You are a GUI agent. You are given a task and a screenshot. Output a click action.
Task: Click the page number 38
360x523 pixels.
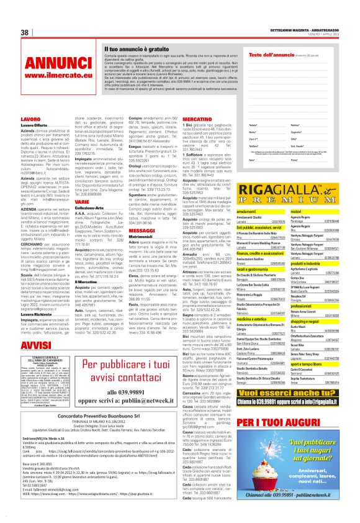[25, 32]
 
